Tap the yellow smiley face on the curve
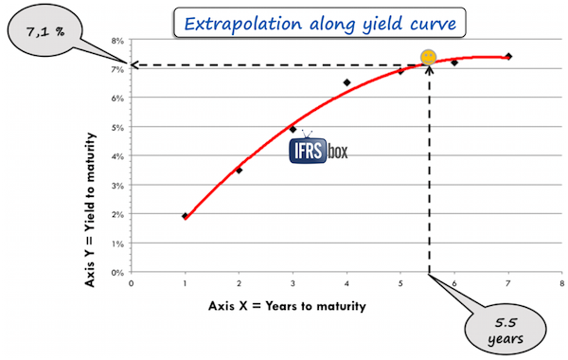pos(429,57)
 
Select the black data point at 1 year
pos(185,216)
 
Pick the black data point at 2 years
pos(239,171)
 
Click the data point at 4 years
pos(346,82)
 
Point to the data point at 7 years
pos(508,56)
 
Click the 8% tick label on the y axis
pos(118,41)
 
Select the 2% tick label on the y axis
pos(118,214)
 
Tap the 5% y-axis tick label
pos(118,127)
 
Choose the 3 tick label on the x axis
pos(293,282)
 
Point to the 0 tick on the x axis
pos(131,282)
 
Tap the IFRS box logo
pos(318,152)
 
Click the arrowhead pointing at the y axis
pos(136,65)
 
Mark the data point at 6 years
pos(454,63)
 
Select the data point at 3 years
pos(293,129)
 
